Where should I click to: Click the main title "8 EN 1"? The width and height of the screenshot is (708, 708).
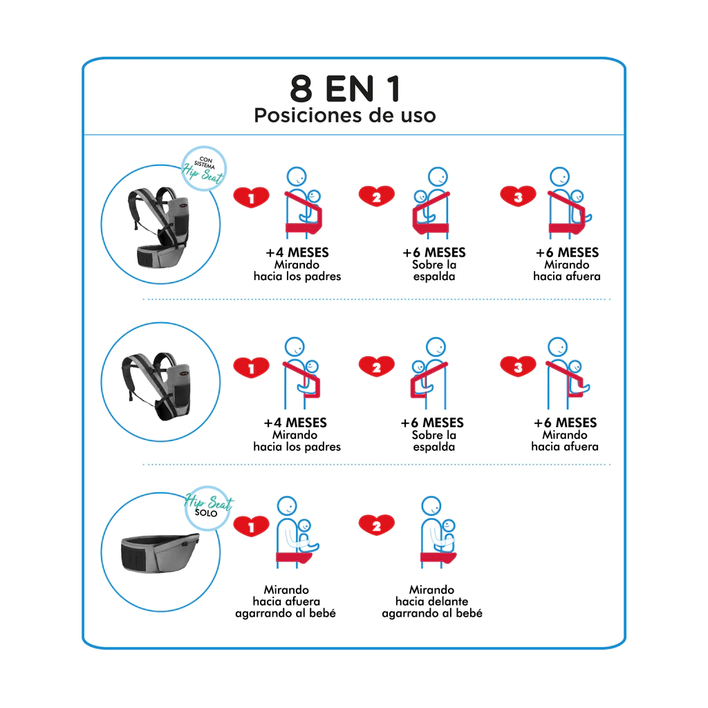pos(346,88)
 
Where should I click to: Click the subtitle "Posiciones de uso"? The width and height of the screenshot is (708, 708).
pos(345,115)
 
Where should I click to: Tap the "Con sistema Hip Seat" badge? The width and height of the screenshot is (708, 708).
pos(204,169)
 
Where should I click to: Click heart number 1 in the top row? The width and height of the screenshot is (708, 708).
pos(251,197)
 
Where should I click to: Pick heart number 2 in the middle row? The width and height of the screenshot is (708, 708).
pos(377,366)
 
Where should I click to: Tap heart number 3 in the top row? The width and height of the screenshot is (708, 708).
pos(518,196)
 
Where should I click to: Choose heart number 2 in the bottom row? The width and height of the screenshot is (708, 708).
pos(377,525)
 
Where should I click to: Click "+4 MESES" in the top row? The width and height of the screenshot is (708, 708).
pos(297,252)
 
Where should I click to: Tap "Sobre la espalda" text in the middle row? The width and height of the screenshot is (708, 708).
pos(434,440)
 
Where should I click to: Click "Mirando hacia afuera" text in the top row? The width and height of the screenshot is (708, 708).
pos(567,270)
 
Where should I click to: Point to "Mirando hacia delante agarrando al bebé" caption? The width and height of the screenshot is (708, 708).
pos(432,602)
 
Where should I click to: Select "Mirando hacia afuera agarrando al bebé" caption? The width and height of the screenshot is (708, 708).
pos(286,602)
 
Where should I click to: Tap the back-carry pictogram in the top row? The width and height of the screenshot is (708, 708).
pos(431,203)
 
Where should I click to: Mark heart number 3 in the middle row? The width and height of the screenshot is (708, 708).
pos(518,366)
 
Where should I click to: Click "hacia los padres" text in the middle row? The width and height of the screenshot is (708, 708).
pos(297,447)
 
